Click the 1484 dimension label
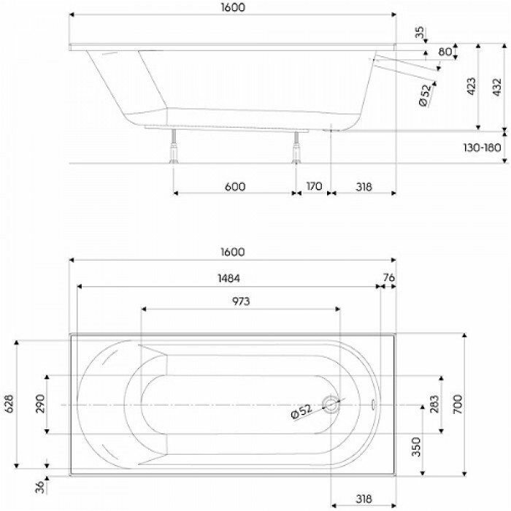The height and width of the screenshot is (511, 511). tap(228, 278)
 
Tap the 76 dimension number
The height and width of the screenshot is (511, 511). tap(388, 278)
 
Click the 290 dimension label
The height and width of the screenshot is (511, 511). tap(40, 404)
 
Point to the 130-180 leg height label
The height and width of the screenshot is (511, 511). tap(482, 147)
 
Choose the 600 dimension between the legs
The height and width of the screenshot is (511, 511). tap(234, 186)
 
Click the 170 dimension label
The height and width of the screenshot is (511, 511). tap(313, 186)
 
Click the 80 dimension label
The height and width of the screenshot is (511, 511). tap(445, 53)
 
